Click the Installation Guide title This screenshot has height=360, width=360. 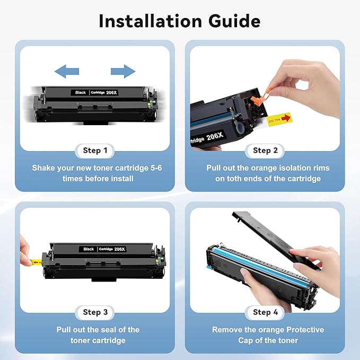point(180,21)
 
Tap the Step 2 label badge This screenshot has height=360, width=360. point(265,151)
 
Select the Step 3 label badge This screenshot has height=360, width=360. point(95,312)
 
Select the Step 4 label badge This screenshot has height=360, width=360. point(265,312)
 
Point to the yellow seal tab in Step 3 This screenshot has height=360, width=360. point(36,261)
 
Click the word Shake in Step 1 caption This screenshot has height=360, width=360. point(43,168)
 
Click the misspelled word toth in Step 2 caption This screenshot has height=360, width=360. point(235,179)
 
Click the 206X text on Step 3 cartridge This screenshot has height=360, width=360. point(119,249)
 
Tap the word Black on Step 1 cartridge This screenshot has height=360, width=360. point(81,92)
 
